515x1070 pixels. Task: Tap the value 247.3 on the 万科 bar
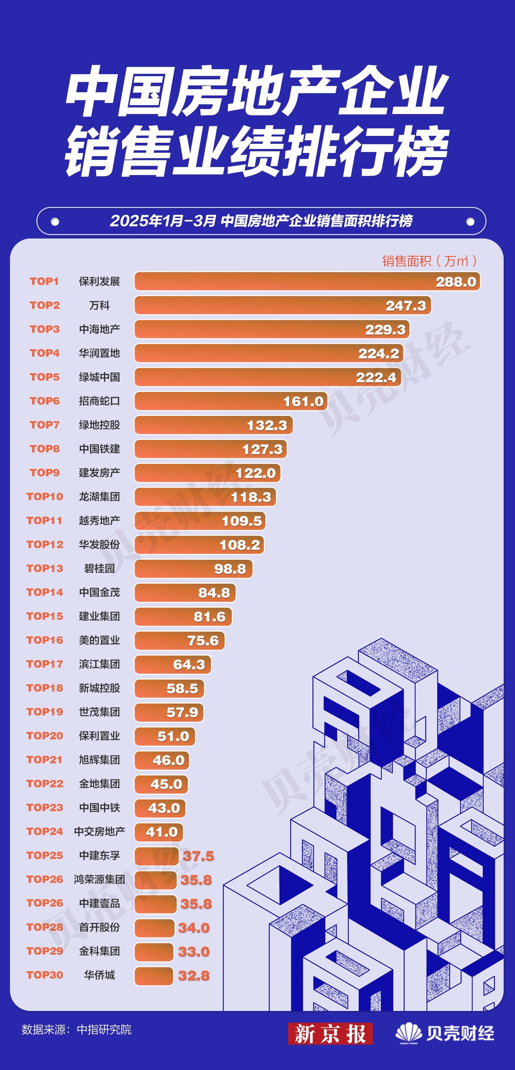click(x=406, y=306)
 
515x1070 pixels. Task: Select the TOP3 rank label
click(x=45, y=329)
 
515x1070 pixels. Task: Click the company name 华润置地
click(x=99, y=353)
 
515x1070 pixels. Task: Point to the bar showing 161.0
click(x=231, y=401)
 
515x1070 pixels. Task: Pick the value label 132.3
click(x=267, y=425)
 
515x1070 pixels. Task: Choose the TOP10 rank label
click(x=45, y=496)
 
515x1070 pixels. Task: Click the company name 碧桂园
click(x=99, y=568)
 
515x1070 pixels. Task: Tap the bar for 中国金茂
click(x=185, y=593)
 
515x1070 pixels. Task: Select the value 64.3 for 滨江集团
click(x=189, y=665)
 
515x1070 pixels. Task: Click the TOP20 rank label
click(x=45, y=736)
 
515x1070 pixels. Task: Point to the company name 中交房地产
click(x=99, y=831)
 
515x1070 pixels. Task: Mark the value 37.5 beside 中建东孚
click(x=198, y=856)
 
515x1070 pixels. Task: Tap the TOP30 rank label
click(x=45, y=975)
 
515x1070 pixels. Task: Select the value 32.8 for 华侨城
click(x=194, y=976)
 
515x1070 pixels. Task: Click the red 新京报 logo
click(x=330, y=1033)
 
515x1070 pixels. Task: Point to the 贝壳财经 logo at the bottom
click(x=445, y=1033)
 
